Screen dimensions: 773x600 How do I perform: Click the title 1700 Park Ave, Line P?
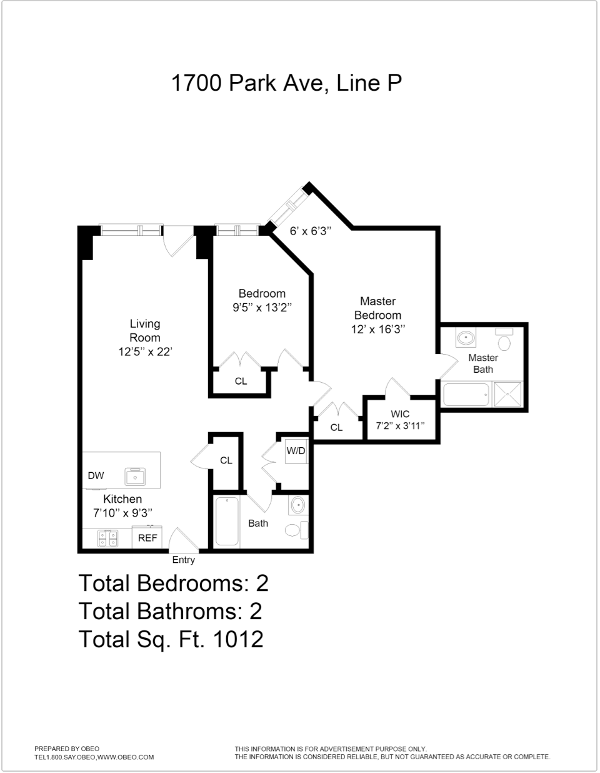(286, 83)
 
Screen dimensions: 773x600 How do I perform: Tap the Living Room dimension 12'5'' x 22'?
(145, 351)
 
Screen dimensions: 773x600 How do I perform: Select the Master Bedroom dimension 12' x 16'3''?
(378, 329)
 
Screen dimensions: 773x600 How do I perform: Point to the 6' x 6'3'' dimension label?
(310, 231)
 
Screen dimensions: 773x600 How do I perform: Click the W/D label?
(296, 450)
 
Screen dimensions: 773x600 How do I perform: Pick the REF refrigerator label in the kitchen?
(147, 537)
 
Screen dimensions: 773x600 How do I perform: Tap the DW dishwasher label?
(96, 476)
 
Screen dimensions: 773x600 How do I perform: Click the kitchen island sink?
(135, 477)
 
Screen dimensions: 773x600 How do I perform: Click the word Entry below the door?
(184, 560)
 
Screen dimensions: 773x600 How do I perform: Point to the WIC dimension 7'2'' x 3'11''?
(400, 426)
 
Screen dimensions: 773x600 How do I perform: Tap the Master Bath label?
(483, 363)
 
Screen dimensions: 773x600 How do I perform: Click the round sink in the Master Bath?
(466, 338)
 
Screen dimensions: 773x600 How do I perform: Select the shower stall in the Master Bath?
(511, 395)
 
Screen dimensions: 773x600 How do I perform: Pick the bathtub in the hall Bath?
(227, 522)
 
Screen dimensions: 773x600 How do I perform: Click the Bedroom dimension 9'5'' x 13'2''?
(262, 307)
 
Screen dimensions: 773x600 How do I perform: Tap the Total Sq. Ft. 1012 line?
(171, 639)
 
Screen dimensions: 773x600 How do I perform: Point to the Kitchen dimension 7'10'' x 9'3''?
(122, 513)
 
